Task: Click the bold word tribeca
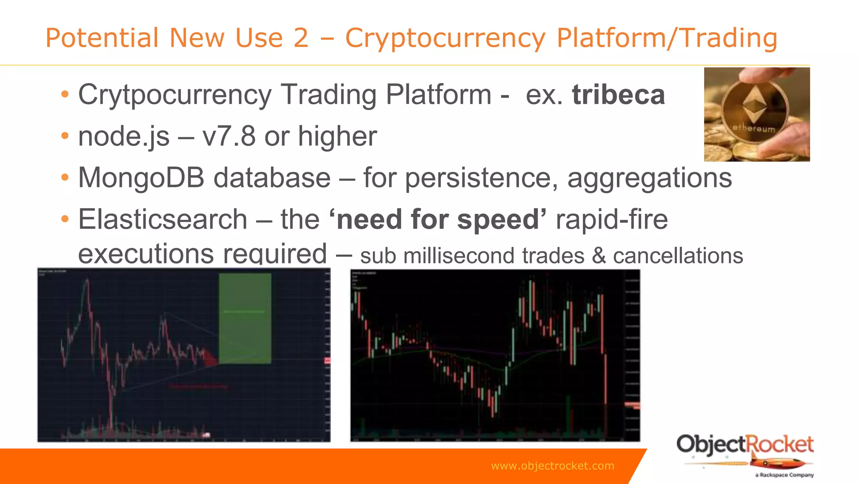[x=618, y=95]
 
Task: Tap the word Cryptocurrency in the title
[x=445, y=38]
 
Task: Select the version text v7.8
[x=228, y=137]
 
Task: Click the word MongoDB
[x=141, y=178]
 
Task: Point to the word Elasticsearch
[x=163, y=219]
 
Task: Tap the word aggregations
[x=649, y=178]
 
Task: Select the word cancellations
[x=678, y=255]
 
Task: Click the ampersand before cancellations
[x=599, y=255]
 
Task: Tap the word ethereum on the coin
[x=754, y=128]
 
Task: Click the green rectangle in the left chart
[x=245, y=318]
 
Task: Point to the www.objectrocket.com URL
[x=552, y=466]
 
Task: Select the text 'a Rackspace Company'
[x=784, y=475]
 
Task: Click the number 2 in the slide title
[x=301, y=38]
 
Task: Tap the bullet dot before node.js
[x=64, y=137]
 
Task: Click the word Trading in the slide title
[x=729, y=38]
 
